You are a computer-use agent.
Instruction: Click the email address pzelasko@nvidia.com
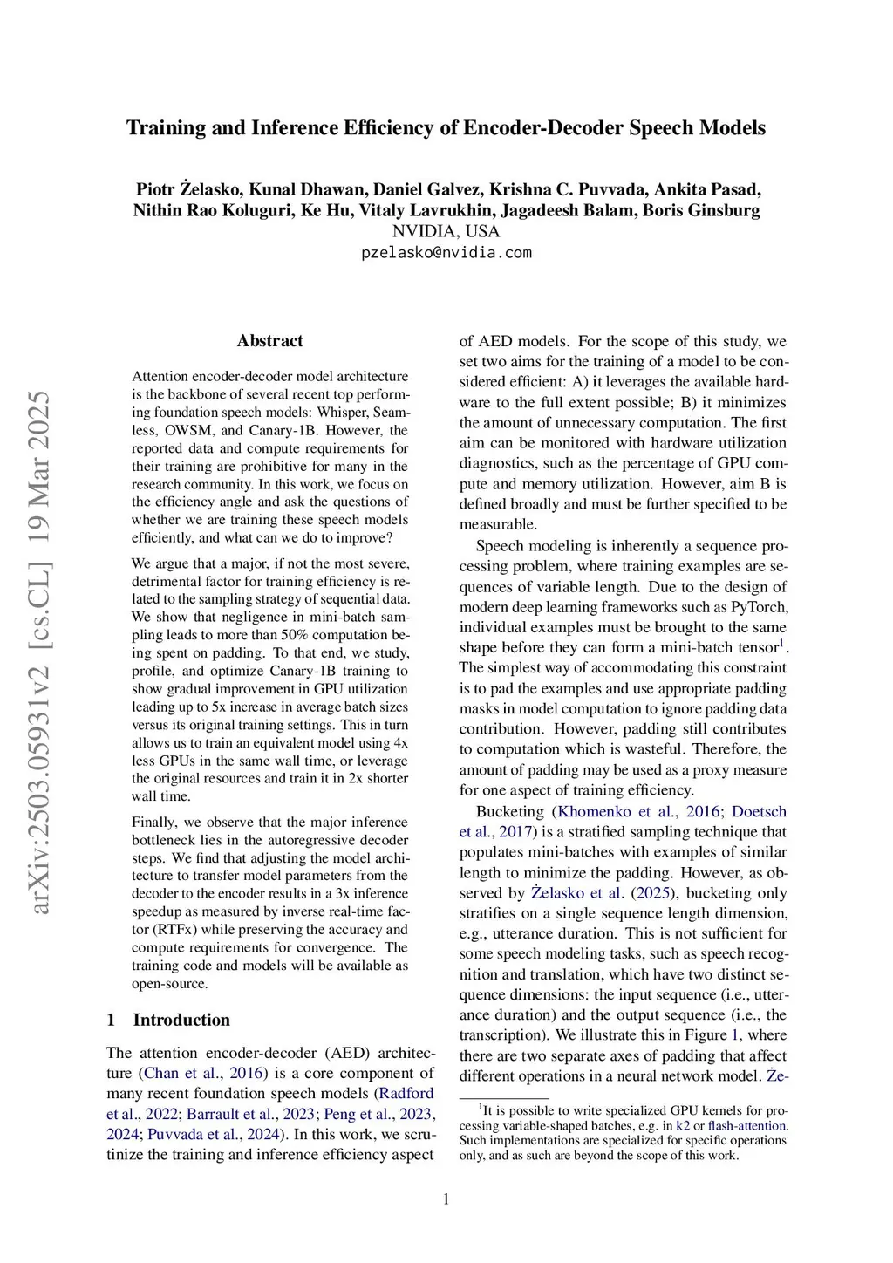click(x=446, y=253)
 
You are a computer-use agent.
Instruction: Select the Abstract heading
click(x=269, y=341)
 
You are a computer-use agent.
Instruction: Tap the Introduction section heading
click(x=181, y=1020)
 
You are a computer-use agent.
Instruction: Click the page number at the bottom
click(x=446, y=1199)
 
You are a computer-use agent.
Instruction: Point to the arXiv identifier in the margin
click(x=40, y=652)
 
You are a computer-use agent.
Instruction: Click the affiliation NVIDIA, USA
click(x=446, y=231)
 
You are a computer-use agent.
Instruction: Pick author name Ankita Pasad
click(x=707, y=189)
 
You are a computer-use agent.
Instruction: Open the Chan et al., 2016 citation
click(x=205, y=1073)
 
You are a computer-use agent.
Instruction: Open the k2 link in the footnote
click(x=683, y=1126)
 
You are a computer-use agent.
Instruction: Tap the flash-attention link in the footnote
click(x=747, y=1126)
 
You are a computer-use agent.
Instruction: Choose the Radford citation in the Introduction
click(x=406, y=1093)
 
